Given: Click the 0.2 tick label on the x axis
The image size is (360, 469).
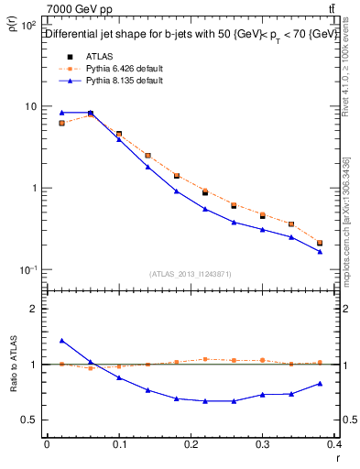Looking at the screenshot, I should tap(191, 444).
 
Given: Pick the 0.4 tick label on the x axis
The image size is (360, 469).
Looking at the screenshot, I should tap(333, 444).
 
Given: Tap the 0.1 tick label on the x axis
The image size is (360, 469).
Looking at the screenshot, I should tap(119, 444).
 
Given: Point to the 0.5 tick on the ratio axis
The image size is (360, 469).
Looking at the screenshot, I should tap(31, 420).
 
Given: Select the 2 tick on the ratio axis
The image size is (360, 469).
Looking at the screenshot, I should tap(35, 309).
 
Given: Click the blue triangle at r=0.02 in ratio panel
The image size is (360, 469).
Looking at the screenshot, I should tap(61, 340).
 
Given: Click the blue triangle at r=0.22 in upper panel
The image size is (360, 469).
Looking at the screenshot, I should tap(205, 209).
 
